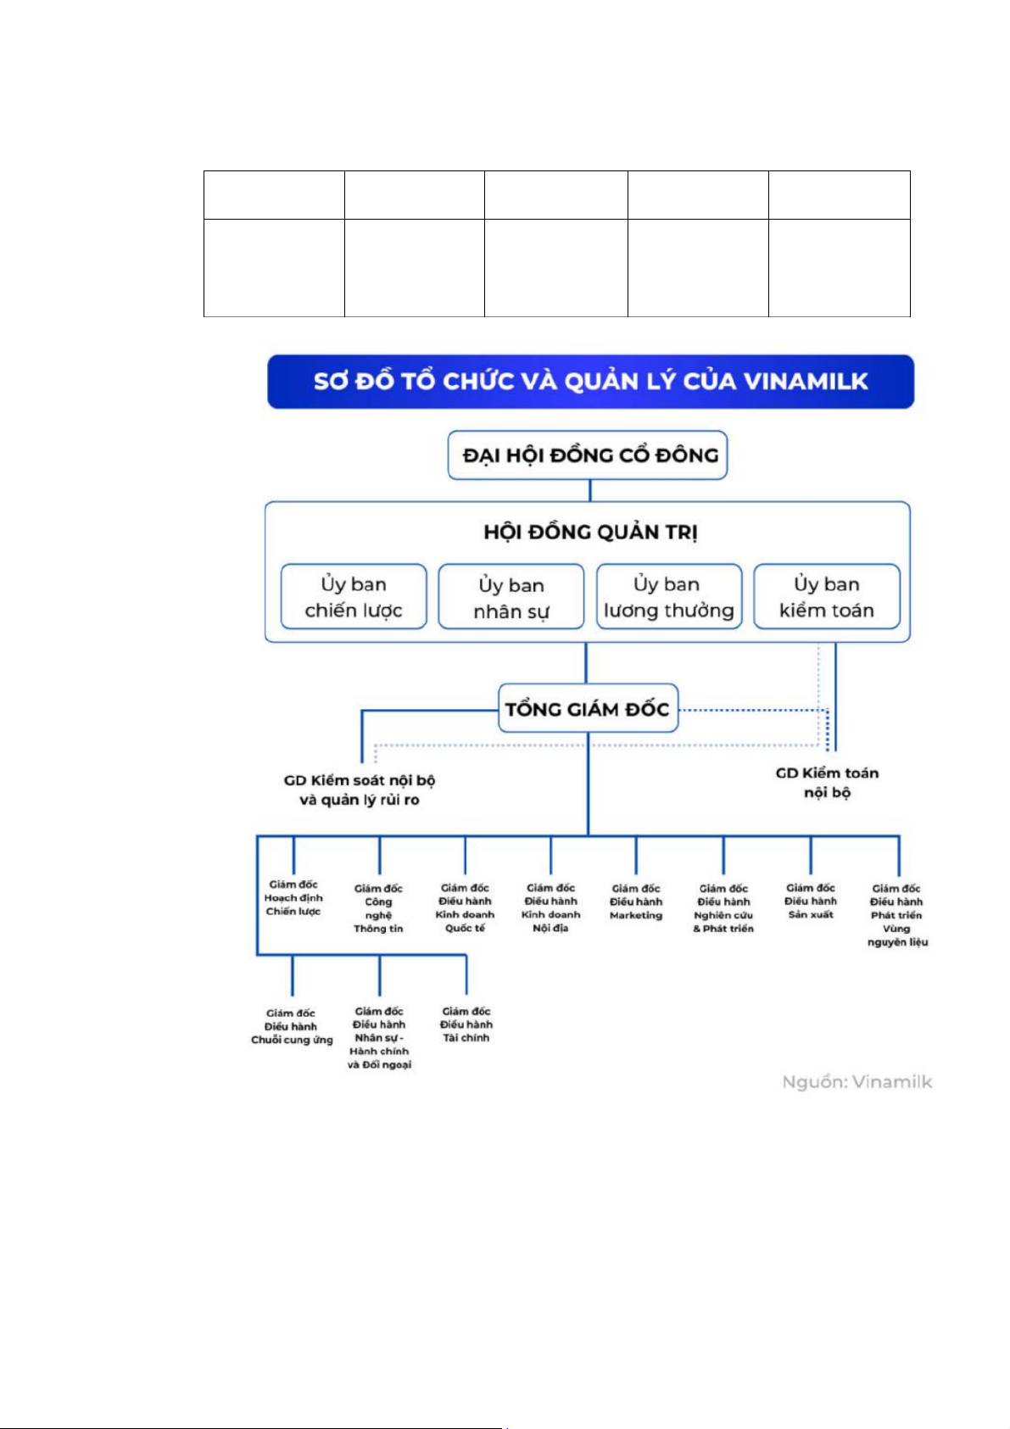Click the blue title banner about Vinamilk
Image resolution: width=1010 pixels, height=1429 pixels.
tap(590, 382)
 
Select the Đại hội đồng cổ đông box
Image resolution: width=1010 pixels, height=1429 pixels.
tap(588, 455)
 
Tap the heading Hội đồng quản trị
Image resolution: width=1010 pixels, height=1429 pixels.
tap(590, 533)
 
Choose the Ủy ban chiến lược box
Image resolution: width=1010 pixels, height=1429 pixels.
tap(354, 597)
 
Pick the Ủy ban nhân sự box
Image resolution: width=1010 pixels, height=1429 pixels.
tap(511, 598)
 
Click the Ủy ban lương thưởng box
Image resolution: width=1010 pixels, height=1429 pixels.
tap(669, 597)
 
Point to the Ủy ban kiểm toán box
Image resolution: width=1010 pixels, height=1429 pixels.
tap(826, 597)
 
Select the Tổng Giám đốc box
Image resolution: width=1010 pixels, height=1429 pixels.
tap(588, 709)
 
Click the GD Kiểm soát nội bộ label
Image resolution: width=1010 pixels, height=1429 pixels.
tap(360, 790)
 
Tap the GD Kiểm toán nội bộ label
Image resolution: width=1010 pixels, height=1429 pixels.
tap(827, 782)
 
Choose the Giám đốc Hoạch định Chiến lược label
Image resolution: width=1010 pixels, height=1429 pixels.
tap(293, 898)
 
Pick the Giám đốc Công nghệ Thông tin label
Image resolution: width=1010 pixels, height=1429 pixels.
tap(378, 908)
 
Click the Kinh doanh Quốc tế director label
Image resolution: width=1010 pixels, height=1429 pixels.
tap(465, 908)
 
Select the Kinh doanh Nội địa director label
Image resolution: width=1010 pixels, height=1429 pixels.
tap(550, 908)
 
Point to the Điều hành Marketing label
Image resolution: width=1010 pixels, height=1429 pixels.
tap(636, 902)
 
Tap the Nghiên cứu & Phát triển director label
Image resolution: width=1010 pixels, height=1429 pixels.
tap(723, 908)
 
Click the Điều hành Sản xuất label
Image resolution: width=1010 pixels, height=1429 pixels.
tap(811, 901)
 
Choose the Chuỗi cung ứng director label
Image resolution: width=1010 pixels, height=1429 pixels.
tap(292, 1026)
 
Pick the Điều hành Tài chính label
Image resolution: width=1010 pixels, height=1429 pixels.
tap(466, 1024)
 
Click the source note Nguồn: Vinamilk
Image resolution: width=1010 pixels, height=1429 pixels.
tap(857, 1082)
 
